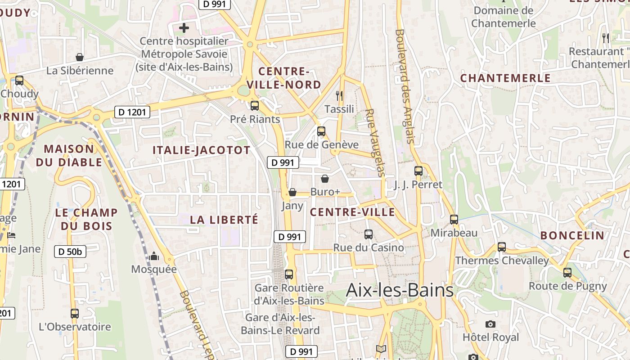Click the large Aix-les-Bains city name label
point(400,291)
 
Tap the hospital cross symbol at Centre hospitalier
point(184,28)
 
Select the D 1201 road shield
point(132,112)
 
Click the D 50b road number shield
point(70,252)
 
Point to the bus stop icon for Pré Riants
point(255,106)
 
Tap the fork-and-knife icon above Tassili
point(339,95)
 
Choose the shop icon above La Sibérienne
point(80,57)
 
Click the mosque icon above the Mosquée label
point(154,256)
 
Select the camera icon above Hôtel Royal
point(490,324)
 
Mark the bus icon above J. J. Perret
point(418,171)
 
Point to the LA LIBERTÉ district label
point(224,220)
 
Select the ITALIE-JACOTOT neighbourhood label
point(201,150)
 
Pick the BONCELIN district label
point(572,235)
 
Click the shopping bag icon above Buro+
point(325,179)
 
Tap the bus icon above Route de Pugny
point(567,272)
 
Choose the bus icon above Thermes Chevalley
point(502,247)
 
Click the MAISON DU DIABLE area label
point(69,155)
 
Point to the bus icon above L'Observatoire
point(75,314)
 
